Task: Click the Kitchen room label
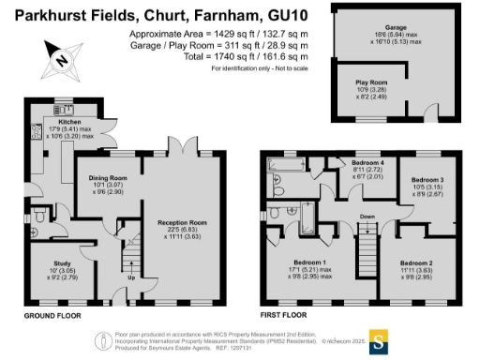[70, 121]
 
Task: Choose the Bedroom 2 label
[417, 262]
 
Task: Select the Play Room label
[368, 83]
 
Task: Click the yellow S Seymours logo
[380, 340]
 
